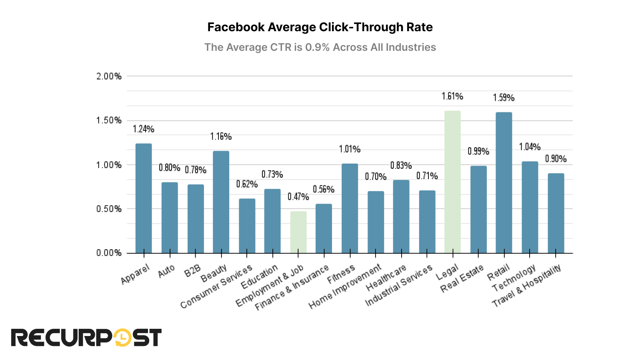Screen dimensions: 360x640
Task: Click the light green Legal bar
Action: click(x=452, y=182)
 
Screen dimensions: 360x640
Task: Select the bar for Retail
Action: click(x=504, y=183)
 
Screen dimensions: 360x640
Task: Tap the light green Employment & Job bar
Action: click(x=298, y=232)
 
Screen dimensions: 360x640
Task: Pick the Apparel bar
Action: click(x=144, y=198)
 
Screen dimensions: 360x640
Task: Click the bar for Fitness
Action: click(x=350, y=208)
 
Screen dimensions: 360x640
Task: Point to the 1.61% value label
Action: click(x=452, y=96)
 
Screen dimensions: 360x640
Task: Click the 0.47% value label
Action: click(x=298, y=197)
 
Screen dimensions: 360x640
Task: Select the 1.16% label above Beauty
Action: click(x=221, y=137)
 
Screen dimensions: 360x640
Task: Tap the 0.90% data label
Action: click(x=556, y=159)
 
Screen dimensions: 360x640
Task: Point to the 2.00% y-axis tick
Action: click(x=109, y=76)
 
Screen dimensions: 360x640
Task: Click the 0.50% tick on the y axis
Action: click(x=109, y=209)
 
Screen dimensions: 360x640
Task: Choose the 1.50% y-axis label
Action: click(x=109, y=121)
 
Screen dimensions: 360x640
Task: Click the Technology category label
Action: click(x=514, y=278)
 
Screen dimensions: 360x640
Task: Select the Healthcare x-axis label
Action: click(x=386, y=278)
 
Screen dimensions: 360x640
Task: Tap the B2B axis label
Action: click(x=192, y=271)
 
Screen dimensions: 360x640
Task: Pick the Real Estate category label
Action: click(x=462, y=278)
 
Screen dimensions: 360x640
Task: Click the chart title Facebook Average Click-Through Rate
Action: click(x=320, y=27)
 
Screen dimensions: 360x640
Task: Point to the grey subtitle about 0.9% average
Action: click(x=320, y=47)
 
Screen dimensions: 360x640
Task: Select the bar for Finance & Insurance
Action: click(x=324, y=228)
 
